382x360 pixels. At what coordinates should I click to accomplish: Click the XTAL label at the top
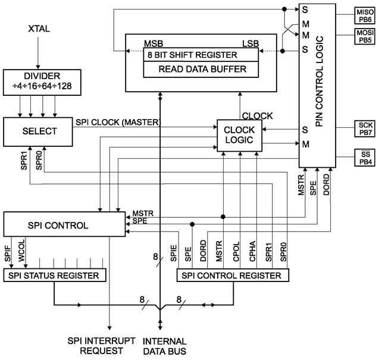(x=37, y=28)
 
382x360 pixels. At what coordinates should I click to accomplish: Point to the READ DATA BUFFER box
(x=202, y=69)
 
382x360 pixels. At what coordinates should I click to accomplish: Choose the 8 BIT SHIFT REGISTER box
(x=202, y=54)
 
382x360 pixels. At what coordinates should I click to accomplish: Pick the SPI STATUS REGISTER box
(x=54, y=276)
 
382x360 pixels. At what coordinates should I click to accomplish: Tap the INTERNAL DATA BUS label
(x=165, y=346)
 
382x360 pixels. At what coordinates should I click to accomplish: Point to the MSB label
(x=154, y=43)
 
